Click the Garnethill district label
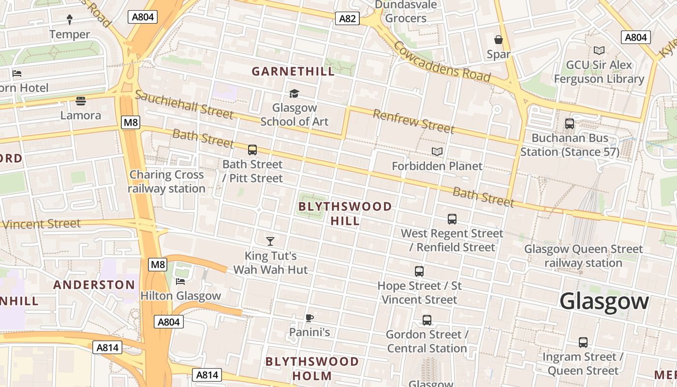(x=293, y=72)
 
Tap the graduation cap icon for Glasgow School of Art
(x=294, y=93)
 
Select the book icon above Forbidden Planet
(x=437, y=152)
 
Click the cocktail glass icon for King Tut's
(x=270, y=241)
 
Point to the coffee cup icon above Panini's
(x=309, y=318)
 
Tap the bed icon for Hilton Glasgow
(x=180, y=281)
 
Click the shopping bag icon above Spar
(x=499, y=40)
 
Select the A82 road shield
(x=347, y=19)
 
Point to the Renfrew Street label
(x=413, y=121)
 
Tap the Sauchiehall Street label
(x=184, y=104)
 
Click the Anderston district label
(x=94, y=284)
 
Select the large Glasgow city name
(x=604, y=301)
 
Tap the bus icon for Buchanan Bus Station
(x=570, y=124)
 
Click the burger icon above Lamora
(x=81, y=101)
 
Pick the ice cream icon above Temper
(x=70, y=19)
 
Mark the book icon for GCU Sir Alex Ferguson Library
(x=599, y=50)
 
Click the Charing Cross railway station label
(x=167, y=181)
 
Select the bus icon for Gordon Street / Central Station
(x=427, y=320)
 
